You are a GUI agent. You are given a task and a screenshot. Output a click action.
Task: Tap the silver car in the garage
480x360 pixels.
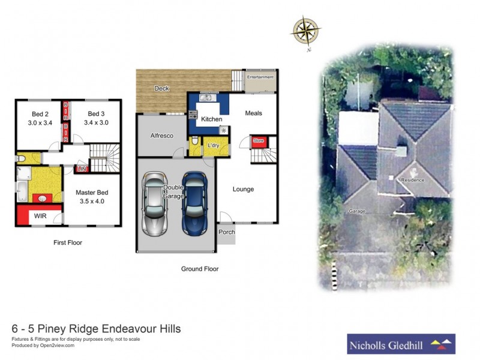[x=155, y=204]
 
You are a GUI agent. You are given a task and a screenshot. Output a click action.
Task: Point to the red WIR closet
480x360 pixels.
[x=40, y=215]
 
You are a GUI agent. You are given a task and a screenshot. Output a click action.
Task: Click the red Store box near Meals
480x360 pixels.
[x=259, y=141]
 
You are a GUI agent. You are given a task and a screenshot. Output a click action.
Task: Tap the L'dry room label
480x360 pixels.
[x=213, y=146]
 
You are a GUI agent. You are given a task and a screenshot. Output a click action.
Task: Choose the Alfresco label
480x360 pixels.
[x=161, y=136]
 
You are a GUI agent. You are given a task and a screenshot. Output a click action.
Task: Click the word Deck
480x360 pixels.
[x=161, y=88]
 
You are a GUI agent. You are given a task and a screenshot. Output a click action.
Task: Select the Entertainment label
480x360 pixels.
[x=260, y=77]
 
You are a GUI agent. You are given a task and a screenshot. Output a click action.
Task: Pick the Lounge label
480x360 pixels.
[x=244, y=189]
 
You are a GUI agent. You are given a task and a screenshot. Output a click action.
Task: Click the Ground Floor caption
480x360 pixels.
[x=200, y=269]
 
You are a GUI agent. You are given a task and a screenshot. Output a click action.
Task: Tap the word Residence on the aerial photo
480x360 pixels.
[x=413, y=180]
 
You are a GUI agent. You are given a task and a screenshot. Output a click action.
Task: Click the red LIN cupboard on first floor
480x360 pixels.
[x=82, y=169]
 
